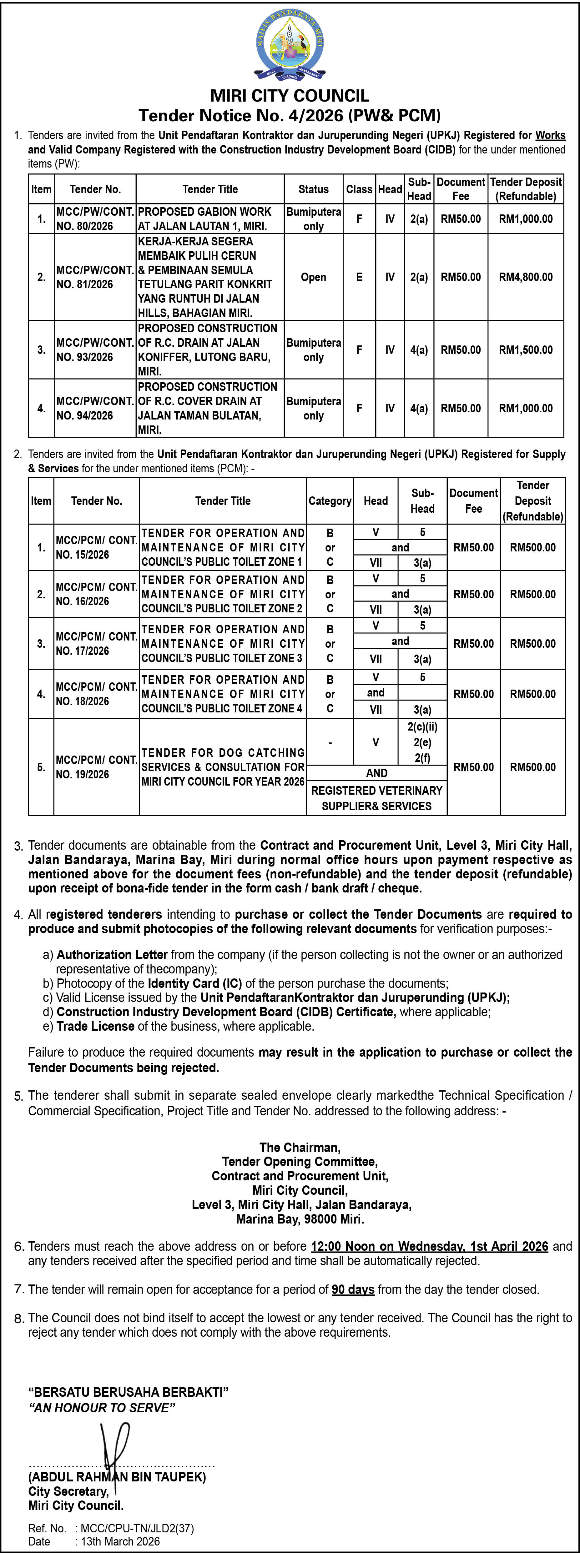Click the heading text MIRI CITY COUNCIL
290,95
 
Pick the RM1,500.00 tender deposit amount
525,350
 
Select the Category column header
330,501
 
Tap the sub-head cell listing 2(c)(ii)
422,727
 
